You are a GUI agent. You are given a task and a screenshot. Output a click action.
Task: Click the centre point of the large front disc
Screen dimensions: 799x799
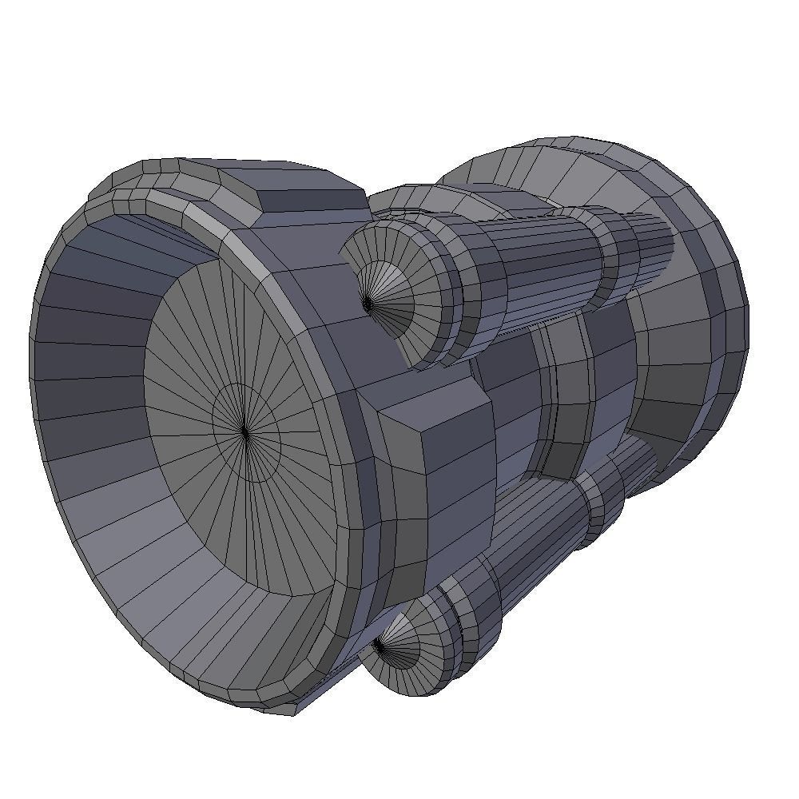(x=244, y=432)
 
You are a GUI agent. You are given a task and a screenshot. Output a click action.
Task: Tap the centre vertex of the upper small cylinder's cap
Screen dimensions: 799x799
(x=367, y=304)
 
